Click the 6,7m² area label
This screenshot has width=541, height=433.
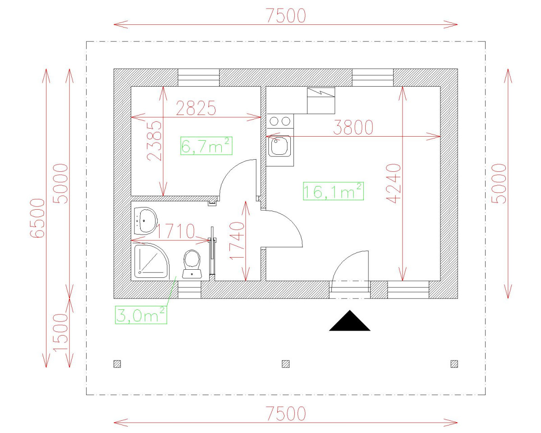[x=206, y=146]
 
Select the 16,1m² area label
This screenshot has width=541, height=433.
[x=333, y=191]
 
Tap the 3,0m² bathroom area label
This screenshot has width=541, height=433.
[x=141, y=314]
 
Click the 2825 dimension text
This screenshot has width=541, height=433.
[x=196, y=108]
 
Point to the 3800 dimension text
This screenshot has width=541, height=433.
[x=353, y=127]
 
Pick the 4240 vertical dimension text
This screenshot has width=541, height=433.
[x=393, y=183]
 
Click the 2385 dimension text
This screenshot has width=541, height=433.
[x=154, y=141]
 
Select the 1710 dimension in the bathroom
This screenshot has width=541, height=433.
[x=175, y=231]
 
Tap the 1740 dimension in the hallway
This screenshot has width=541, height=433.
[x=237, y=240]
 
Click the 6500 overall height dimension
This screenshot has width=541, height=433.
[x=37, y=218]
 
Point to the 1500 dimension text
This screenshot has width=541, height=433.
[x=60, y=332]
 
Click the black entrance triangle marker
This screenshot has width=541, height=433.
[x=349, y=321]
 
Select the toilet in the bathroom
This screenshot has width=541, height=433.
[x=192, y=264]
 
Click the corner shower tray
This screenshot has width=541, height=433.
[x=151, y=261]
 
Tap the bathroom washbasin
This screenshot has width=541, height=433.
[x=146, y=221]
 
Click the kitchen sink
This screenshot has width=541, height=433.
[x=280, y=146]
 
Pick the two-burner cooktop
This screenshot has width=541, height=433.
[x=280, y=121]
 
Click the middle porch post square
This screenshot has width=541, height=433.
[x=285, y=364]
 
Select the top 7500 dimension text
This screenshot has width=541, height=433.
[x=286, y=16]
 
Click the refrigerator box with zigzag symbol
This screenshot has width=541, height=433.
[x=321, y=101]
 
